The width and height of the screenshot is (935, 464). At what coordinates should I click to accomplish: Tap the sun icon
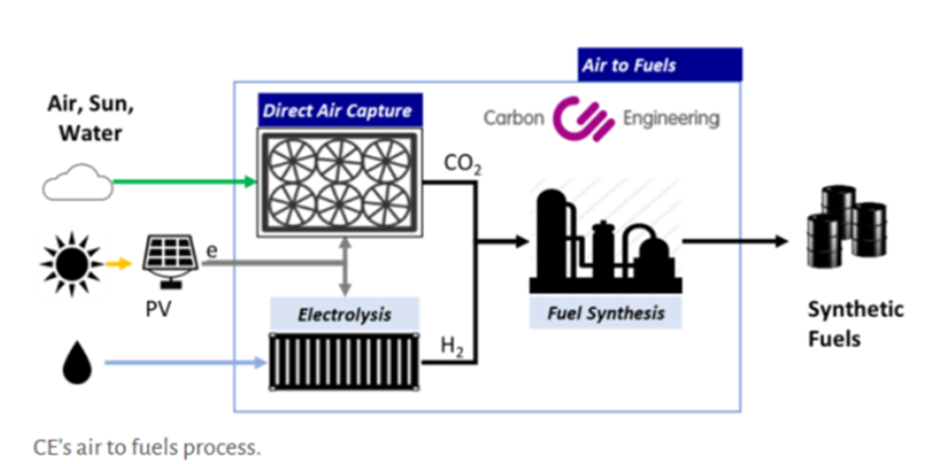click(71, 265)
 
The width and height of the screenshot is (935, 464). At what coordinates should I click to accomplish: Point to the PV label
click(159, 309)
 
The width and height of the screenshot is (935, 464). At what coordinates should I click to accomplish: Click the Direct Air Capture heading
click(336, 110)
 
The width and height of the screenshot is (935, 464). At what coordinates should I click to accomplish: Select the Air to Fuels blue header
click(659, 66)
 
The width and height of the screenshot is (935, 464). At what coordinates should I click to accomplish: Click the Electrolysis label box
click(344, 315)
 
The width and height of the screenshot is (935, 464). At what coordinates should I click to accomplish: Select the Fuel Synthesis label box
click(606, 313)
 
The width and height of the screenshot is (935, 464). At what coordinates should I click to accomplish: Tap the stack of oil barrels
click(843, 226)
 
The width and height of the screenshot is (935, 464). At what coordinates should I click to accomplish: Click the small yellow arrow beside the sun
click(118, 265)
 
